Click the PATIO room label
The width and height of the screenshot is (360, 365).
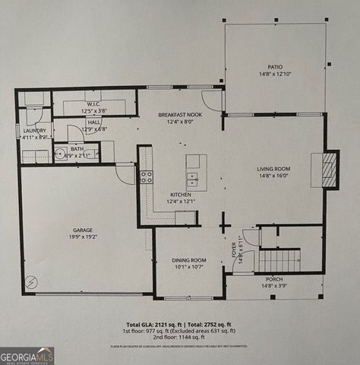coord(274,66)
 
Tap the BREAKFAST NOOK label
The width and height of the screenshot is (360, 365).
coord(180,114)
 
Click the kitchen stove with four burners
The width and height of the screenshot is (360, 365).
coord(146,177)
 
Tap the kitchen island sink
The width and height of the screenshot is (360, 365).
coord(194,179)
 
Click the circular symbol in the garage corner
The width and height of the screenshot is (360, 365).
coord(30,280)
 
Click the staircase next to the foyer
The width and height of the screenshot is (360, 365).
coord(279,261)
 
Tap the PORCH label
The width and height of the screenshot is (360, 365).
coord(274,279)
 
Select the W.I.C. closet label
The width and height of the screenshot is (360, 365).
coord(94,103)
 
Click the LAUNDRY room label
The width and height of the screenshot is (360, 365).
coord(34,130)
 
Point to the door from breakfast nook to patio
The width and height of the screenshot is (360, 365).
coord(213,100)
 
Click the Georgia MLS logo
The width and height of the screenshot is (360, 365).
coord(27,355)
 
